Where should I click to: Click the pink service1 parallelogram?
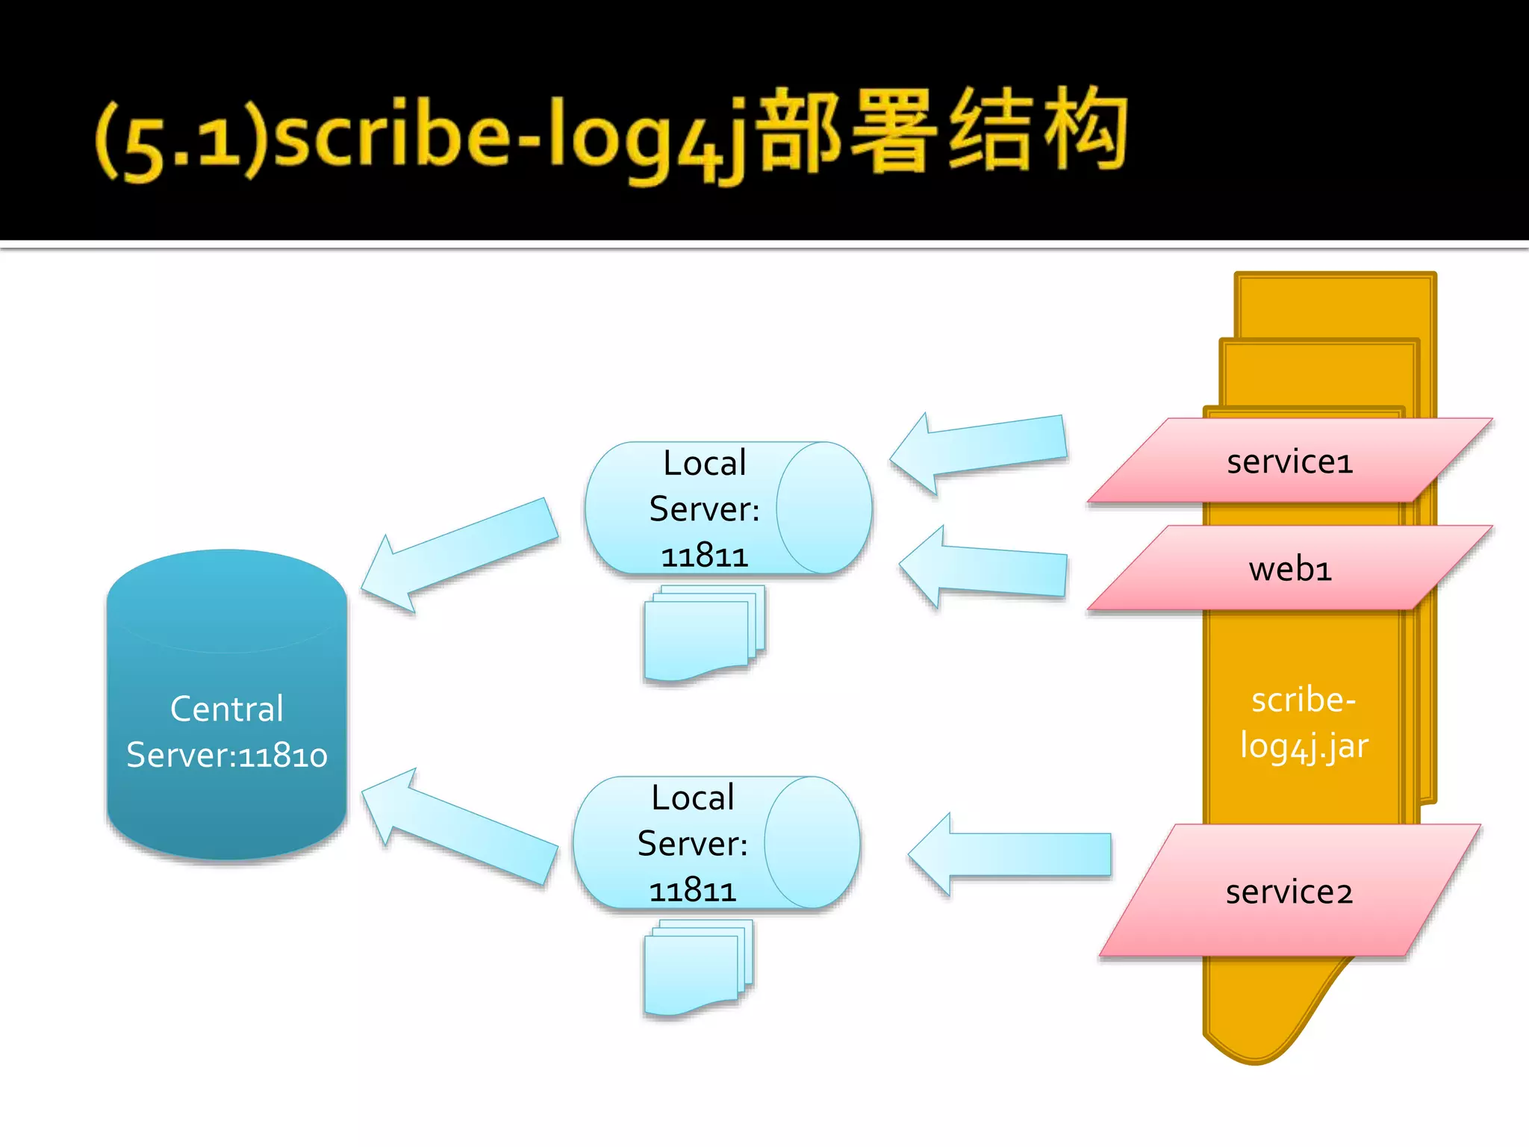pyautogui.click(x=1289, y=461)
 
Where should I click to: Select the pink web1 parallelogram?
pyautogui.click(x=1289, y=569)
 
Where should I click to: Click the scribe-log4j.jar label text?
pyautogui.click(x=1304, y=723)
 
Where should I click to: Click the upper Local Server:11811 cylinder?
pyautogui.click(x=728, y=509)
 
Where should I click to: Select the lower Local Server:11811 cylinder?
pyautogui.click(x=717, y=843)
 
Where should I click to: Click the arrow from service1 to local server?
pyautogui.click(x=985, y=451)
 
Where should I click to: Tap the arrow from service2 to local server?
pyautogui.click(x=1015, y=854)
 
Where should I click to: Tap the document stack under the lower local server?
pyautogui.click(x=698, y=968)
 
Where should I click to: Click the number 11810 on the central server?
pyautogui.click(x=282, y=756)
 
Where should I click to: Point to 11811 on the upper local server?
pyautogui.click(x=704, y=556)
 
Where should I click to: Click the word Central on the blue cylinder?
pyautogui.click(x=227, y=709)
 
